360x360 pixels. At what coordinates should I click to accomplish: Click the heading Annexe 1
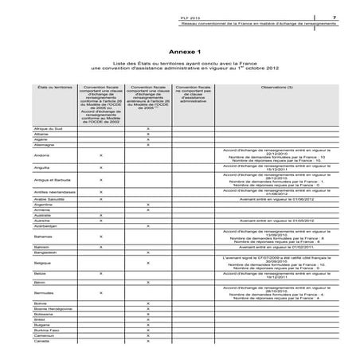coord(179,50)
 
